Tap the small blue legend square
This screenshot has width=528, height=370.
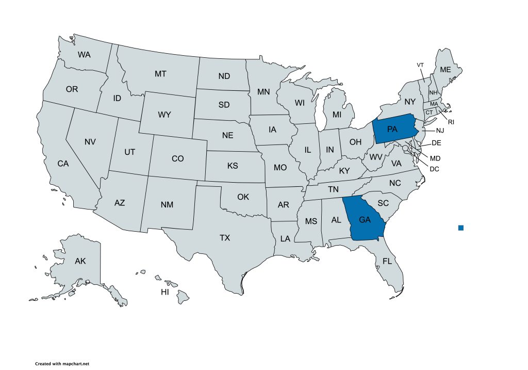[460, 228]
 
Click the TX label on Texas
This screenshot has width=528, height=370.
[225, 238]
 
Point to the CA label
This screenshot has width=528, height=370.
[63, 164]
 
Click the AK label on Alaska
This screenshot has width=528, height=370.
[80, 261]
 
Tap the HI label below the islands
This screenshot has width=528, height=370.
[165, 292]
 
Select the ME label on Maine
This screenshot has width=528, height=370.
[445, 70]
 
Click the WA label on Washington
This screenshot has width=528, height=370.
[84, 54]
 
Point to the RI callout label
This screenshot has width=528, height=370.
[451, 122]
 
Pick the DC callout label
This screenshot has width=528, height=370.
[434, 168]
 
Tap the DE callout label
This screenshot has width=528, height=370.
[436, 142]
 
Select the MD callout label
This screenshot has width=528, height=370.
[435, 158]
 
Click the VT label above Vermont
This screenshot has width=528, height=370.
[420, 65]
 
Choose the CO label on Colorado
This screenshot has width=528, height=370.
[177, 158]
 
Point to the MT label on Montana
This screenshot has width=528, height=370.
[160, 74]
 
